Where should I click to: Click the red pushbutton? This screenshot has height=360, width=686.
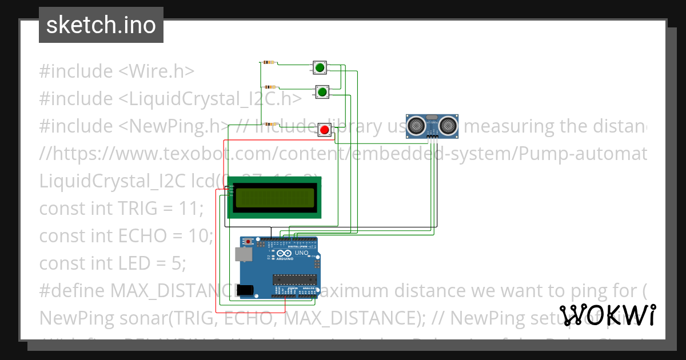tap(325, 130)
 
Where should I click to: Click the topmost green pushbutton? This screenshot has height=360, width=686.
tap(319, 68)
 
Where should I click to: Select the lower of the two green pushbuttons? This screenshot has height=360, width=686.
tap(322, 91)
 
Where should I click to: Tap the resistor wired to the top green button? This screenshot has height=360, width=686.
tap(268, 62)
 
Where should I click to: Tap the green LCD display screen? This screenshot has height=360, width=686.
tap(274, 198)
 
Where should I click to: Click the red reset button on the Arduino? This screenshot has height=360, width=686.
tap(248, 242)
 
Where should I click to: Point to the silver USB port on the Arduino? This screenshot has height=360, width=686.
tap(244, 254)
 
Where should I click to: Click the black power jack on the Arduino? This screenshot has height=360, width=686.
tap(245, 290)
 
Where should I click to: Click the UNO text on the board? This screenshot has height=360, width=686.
tap(302, 253)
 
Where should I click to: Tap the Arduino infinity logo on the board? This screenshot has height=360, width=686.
tap(284, 253)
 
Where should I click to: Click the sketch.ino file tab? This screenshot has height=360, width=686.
tap(101, 25)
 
